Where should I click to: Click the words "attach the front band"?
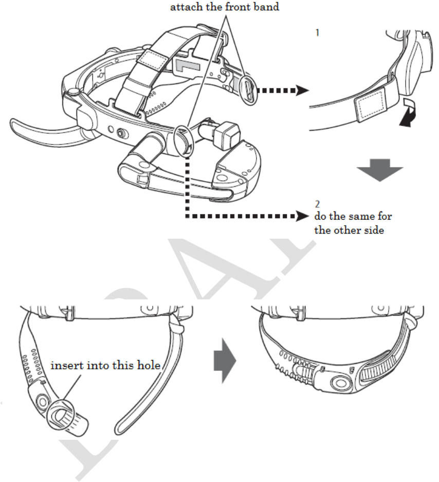pos(228,8)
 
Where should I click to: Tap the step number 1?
pos(317,31)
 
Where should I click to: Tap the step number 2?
pos(317,205)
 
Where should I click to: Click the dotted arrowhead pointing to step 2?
pos(300,217)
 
